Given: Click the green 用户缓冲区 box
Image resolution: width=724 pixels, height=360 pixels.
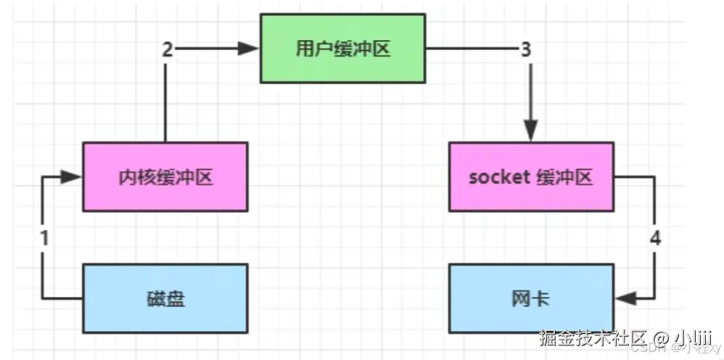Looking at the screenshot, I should click(x=343, y=48).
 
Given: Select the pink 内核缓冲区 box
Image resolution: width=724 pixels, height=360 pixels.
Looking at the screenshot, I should click(x=165, y=177).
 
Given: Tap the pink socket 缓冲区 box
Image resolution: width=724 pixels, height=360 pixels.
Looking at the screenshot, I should click(x=531, y=177).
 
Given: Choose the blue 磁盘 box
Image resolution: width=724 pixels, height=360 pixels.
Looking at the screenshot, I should click(x=165, y=298).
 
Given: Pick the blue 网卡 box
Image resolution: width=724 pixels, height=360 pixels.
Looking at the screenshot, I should click(x=531, y=298).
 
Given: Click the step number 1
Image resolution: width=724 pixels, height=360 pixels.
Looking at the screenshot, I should click(x=44, y=237).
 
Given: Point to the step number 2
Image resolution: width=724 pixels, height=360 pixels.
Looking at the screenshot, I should click(x=167, y=49).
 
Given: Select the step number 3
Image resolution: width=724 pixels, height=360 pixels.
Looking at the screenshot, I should click(x=526, y=49).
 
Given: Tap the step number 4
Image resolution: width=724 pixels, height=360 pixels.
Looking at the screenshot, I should click(x=655, y=237).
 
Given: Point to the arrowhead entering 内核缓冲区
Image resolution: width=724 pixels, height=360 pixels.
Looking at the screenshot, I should click(x=73, y=177).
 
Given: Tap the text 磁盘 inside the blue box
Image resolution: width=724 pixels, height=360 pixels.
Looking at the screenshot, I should click(x=165, y=298).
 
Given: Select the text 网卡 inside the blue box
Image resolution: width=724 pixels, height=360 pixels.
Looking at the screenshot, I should click(x=531, y=298).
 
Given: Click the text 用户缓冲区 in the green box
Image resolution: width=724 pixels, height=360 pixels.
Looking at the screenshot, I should click(x=343, y=49).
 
